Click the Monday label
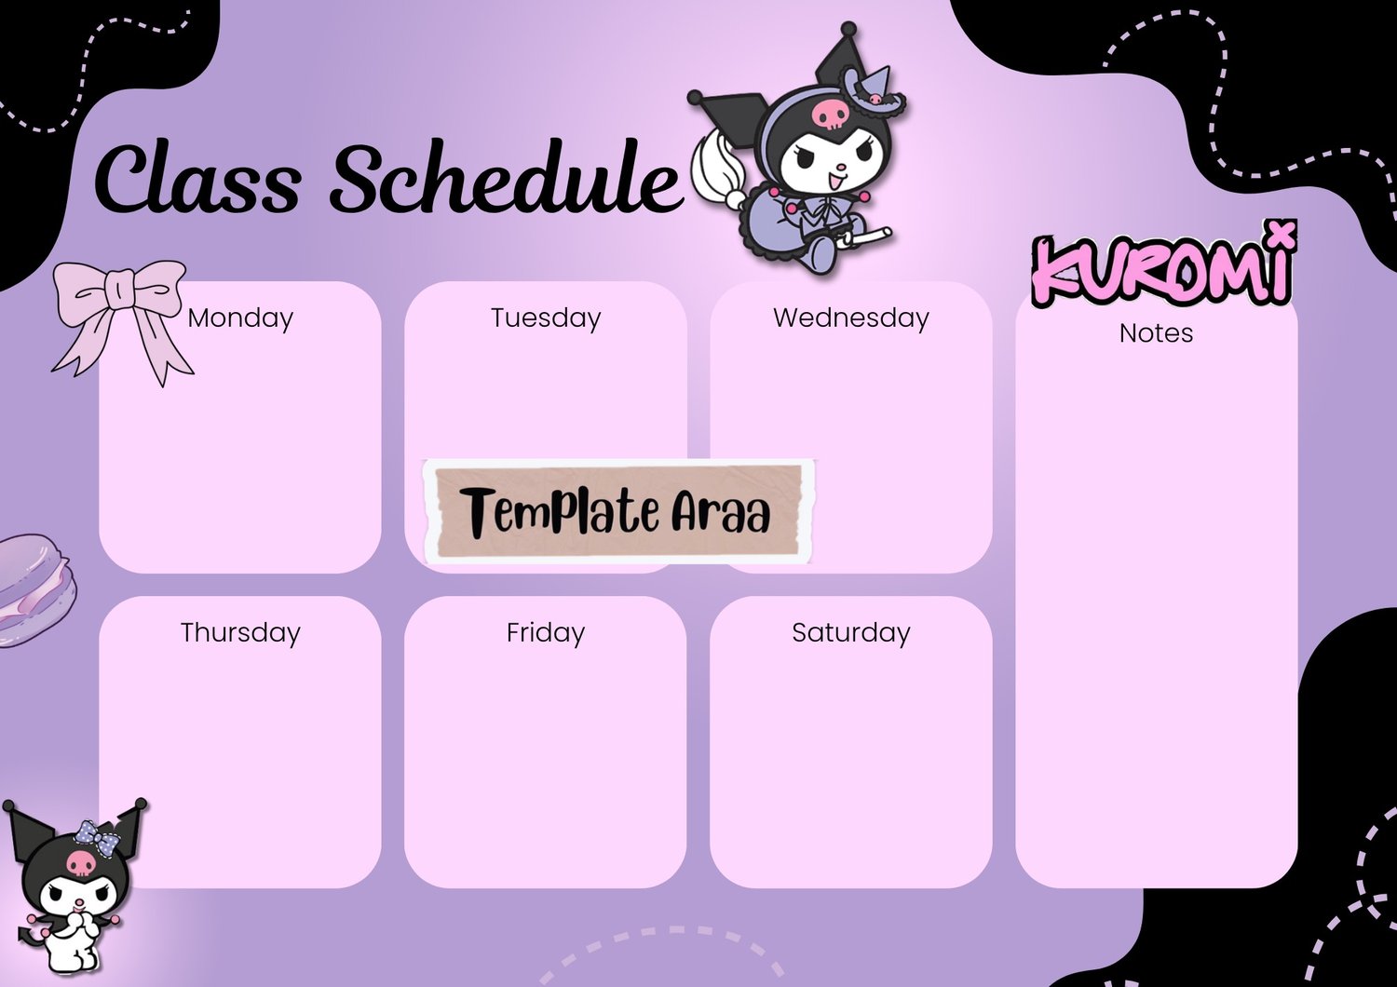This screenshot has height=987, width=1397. pyautogui.click(x=240, y=318)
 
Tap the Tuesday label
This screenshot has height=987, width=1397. pyautogui.click(x=546, y=318)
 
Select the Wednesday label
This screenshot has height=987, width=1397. pyautogui.click(x=851, y=318)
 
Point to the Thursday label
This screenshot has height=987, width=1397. pyautogui.click(x=240, y=633)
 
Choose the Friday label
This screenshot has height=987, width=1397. pyautogui.click(x=546, y=633)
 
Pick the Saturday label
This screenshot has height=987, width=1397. pyautogui.click(x=851, y=633)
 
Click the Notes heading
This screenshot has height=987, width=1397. pyautogui.click(x=1157, y=333)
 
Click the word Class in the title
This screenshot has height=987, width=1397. pyautogui.click(x=197, y=179)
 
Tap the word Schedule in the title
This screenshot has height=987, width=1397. pyautogui.click(x=505, y=177)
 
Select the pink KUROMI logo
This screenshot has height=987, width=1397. pyautogui.click(x=1162, y=267)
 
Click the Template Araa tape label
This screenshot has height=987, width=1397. pyautogui.click(x=618, y=511)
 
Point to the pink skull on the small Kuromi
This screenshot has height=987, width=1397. pyautogui.click(x=81, y=863)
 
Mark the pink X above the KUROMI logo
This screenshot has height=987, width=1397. pyautogui.click(x=1282, y=231)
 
